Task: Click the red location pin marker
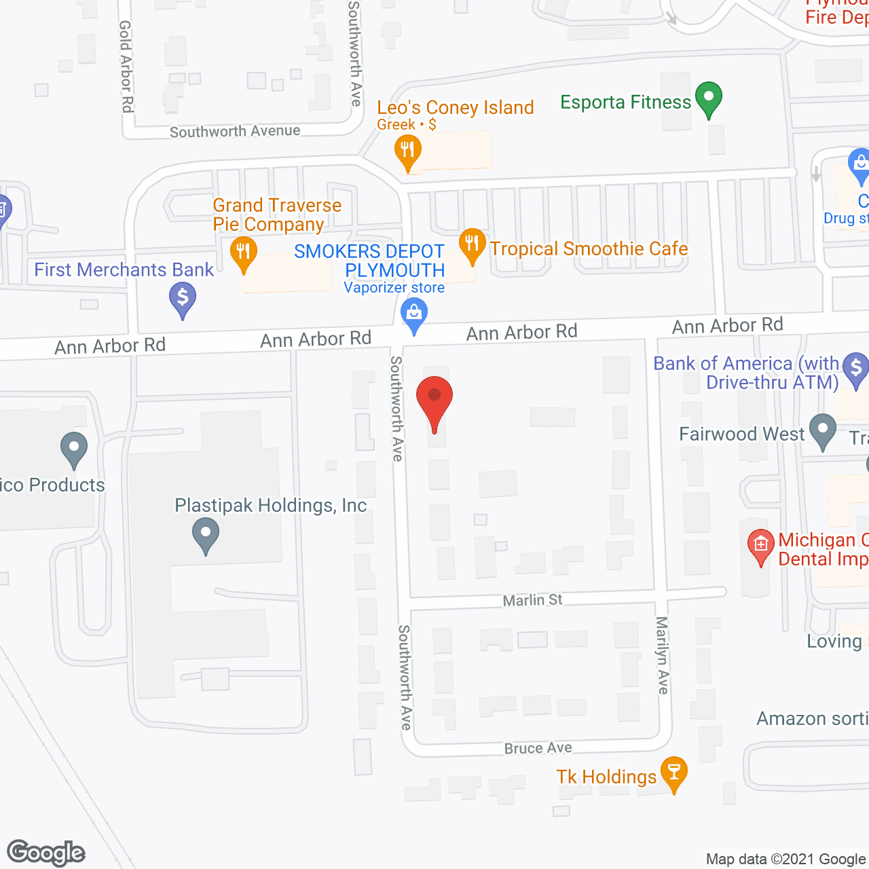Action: (x=434, y=399)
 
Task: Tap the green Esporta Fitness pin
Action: (x=709, y=98)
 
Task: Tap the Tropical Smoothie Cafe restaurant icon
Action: (x=472, y=244)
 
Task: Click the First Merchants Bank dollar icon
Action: (x=183, y=297)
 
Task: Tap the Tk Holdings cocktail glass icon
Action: (x=674, y=772)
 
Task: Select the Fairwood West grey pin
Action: (x=823, y=430)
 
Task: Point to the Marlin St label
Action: (x=532, y=599)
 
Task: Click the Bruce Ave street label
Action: (x=538, y=747)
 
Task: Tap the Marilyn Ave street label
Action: (x=663, y=655)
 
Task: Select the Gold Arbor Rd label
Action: (x=126, y=66)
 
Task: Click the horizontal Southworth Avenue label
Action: (x=235, y=131)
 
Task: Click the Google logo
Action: (x=46, y=853)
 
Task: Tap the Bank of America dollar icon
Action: (x=855, y=367)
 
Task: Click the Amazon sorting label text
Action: (x=812, y=718)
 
